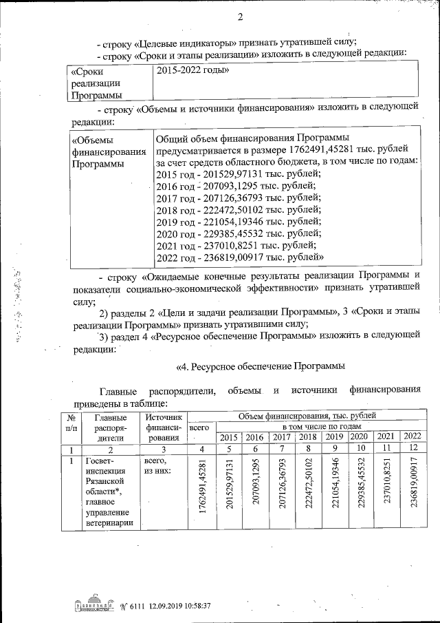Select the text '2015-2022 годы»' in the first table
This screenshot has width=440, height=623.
(193, 70)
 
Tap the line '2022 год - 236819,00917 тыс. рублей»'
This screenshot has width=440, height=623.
(240, 257)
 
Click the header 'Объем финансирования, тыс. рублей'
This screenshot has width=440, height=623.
(307, 416)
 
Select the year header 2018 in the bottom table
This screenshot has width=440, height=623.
(308, 437)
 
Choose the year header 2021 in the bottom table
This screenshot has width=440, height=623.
(386, 437)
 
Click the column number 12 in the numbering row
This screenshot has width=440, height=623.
(411, 448)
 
